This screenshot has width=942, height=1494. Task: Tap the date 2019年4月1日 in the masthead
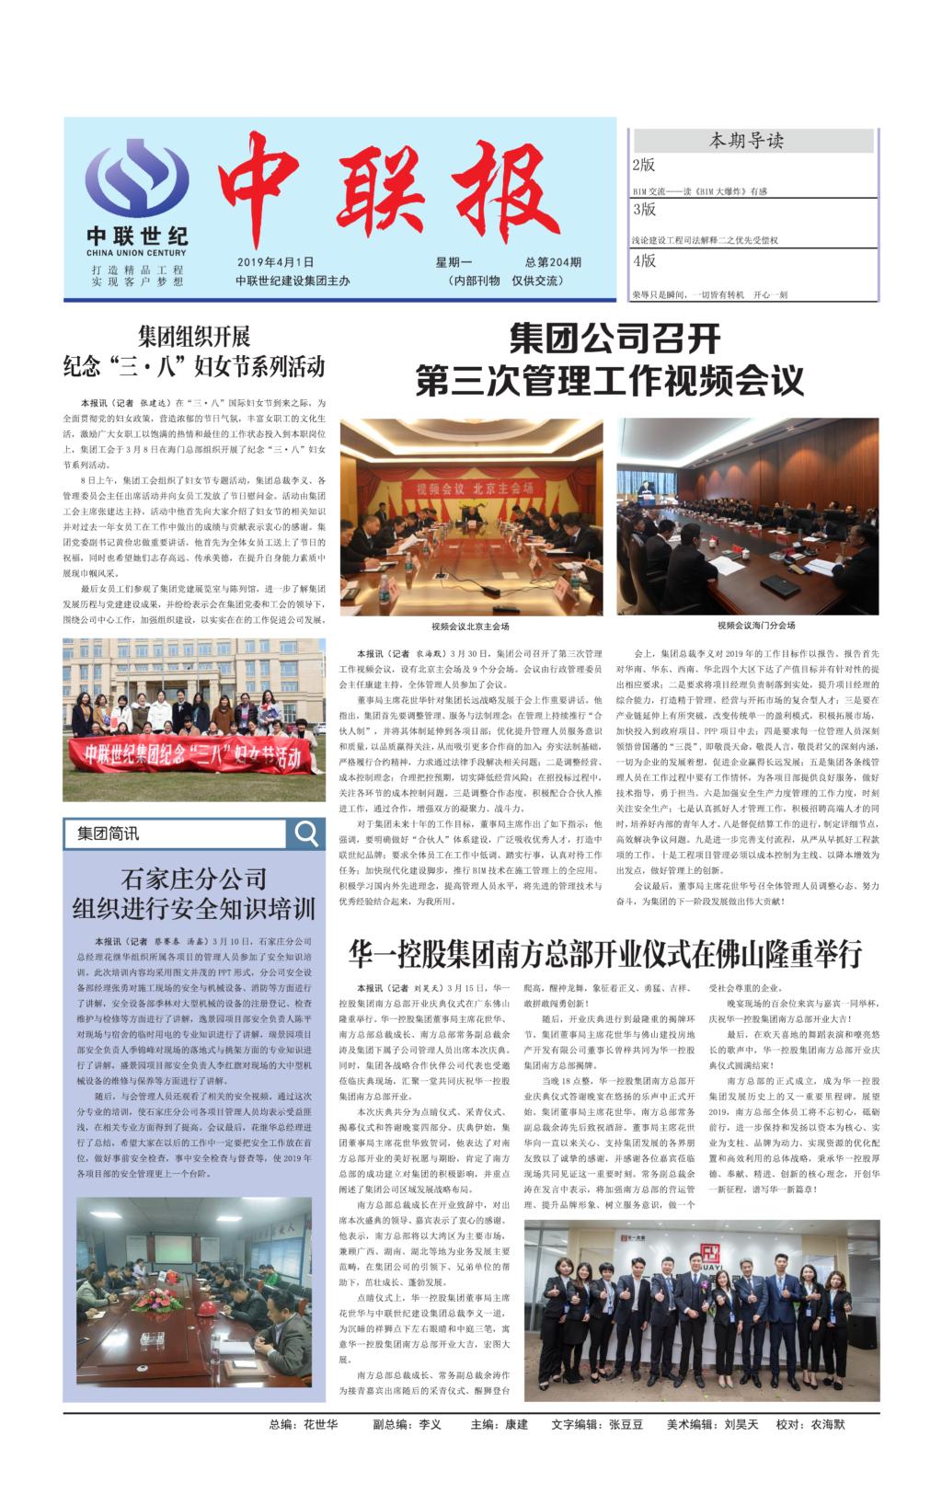click(275, 262)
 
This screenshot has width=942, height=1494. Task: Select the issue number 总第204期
click(553, 262)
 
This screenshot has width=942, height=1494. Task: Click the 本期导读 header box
click(752, 141)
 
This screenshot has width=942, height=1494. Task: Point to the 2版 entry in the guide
click(644, 166)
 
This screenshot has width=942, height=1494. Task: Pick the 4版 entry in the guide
click(644, 261)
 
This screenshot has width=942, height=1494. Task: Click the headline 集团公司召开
click(615, 339)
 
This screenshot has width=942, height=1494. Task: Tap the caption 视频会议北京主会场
click(470, 626)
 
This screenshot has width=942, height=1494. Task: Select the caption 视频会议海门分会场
click(756, 626)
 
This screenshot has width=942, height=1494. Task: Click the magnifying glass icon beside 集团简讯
click(304, 833)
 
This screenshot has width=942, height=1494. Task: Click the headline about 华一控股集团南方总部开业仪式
click(604, 954)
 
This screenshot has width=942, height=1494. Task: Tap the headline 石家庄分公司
click(193, 878)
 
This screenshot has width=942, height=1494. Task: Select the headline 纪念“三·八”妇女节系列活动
click(193, 367)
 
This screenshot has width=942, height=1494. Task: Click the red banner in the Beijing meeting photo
click(472, 487)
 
